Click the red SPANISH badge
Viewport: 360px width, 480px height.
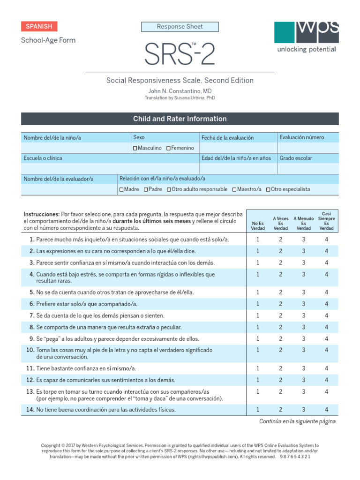pos(39,26)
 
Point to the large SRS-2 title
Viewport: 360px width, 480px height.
pos(180,54)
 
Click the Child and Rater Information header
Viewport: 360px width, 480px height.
pos(180,119)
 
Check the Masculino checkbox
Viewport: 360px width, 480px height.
pos(135,148)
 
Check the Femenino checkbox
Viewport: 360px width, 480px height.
pos(168,148)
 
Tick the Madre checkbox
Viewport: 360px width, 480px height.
pos(121,189)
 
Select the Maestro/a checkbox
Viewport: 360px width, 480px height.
pos(234,189)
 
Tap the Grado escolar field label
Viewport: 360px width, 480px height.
pos(296,158)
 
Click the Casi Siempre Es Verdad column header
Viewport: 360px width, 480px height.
pos(326,221)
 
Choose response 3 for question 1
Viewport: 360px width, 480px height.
pos(303,240)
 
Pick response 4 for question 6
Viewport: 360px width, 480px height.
pos(326,304)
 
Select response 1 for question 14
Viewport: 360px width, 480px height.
pos(258,410)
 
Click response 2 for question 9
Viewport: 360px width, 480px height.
pos(281,338)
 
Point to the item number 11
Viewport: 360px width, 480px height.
pos(30,368)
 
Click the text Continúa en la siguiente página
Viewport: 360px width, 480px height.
pos(297,421)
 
